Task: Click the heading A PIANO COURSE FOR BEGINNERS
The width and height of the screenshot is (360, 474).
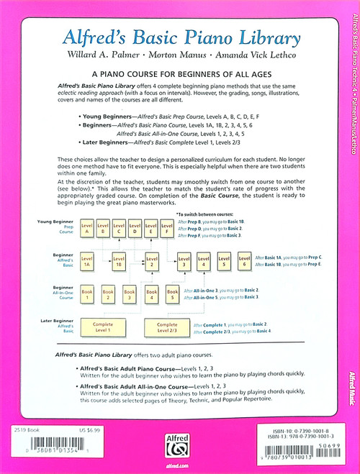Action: click(179, 75)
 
